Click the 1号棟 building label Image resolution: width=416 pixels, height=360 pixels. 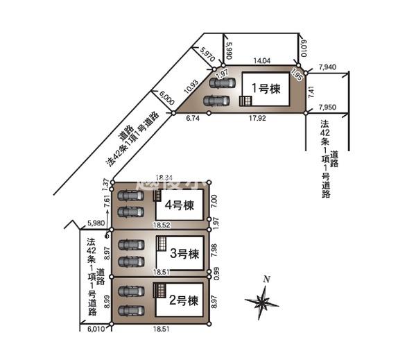pyautogui.click(x=264, y=88)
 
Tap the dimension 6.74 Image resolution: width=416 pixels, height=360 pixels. pyautogui.click(x=193, y=119)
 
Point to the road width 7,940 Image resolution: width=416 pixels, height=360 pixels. pyautogui.click(x=328, y=67)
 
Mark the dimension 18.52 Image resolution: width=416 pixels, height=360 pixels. pyautogui.click(x=161, y=225)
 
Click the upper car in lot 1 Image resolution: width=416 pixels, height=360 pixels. pyautogui.click(x=223, y=83)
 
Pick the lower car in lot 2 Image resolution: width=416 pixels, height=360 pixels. pyautogui.click(x=130, y=310)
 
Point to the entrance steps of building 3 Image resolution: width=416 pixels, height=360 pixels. pyautogui.click(x=161, y=246)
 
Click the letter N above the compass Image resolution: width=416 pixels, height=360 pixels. pyautogui.click(x=266, y=279)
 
